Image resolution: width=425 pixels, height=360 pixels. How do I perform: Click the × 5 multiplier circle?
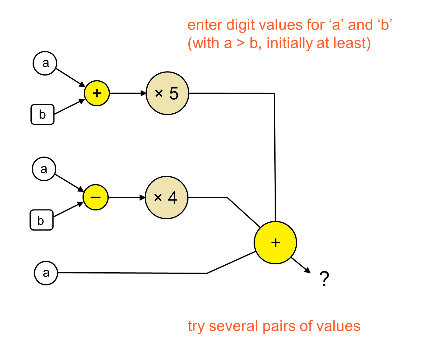tap(167, 93)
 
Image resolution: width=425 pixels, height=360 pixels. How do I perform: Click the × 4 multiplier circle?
tap(166, 197)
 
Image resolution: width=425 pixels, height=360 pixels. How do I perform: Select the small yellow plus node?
tap(97, 93)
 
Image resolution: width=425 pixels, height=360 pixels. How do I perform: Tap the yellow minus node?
tap(96, 197)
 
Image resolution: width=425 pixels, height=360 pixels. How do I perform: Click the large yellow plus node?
tap(275, 242)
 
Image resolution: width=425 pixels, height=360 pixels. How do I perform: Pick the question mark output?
tap(324, 279)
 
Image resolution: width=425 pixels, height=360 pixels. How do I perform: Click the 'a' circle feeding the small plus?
tap(45, 63)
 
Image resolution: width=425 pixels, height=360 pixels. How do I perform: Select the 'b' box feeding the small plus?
tap(42, 115)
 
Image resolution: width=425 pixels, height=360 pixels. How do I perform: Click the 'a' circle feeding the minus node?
tap(44, 169)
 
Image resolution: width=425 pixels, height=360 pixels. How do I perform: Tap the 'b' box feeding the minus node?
tap(41, 220)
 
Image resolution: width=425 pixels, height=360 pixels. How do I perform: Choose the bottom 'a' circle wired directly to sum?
tap(46, 273)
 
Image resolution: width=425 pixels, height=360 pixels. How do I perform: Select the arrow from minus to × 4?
tap(126, 197)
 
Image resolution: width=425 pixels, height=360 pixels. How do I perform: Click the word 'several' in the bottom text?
tap(233, 326)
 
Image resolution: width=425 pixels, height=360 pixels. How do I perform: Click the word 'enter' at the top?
tap(205, 25)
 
